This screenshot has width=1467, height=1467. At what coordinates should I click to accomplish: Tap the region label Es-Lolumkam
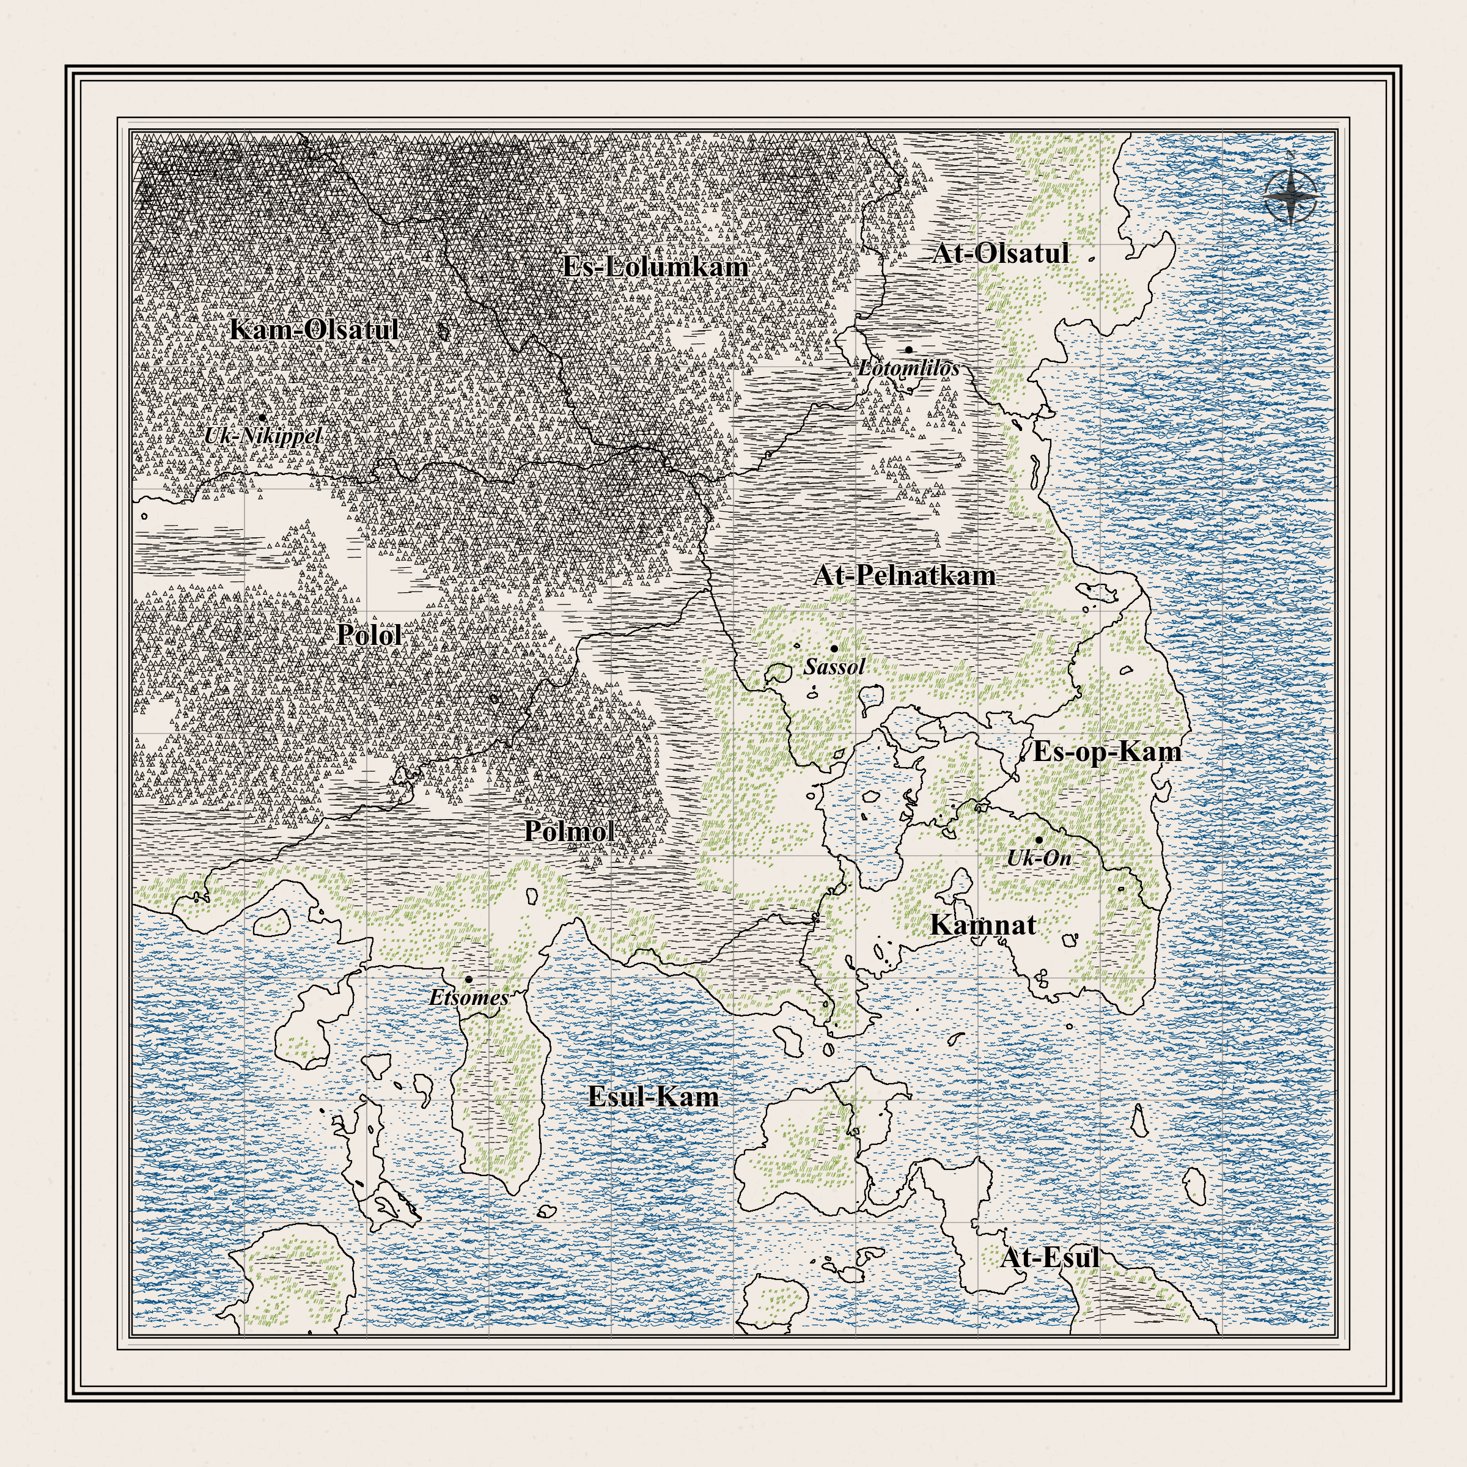[655, 267]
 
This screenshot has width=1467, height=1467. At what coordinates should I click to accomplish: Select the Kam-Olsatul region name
[314, 329]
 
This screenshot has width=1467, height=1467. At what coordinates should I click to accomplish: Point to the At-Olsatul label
[1000, 254]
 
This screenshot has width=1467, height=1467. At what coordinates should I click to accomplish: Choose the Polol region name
[369, 635]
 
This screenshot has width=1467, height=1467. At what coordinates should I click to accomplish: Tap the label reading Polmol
[570, 831]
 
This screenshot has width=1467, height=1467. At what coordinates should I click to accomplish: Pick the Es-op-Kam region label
[1106, 752]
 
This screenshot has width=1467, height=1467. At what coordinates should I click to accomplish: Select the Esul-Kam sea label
[653, 1097]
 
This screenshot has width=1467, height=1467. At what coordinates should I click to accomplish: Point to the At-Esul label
[1050, 1257]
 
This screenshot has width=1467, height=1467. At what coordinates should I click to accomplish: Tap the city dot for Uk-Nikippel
[263, 417]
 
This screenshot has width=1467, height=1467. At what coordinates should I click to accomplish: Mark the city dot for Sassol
[834, 649]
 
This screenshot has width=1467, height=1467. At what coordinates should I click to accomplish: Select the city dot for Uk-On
[1039, 840]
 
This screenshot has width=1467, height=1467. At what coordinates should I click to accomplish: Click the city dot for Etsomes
[468, 979]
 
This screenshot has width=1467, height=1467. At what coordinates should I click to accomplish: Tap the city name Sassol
[834, 667]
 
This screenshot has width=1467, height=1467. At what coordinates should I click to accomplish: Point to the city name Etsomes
[468, 998]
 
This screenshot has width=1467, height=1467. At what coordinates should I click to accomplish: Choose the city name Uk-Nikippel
[263, 436]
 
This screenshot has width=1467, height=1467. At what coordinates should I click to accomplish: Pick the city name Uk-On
[1039, 858]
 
